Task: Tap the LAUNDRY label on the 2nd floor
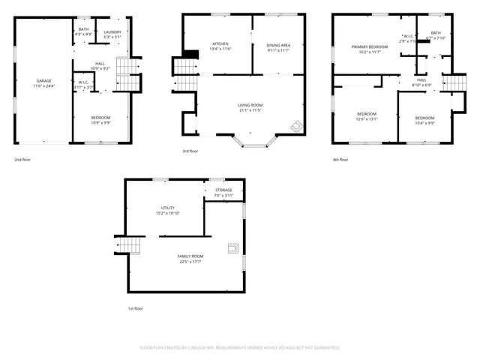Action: [x=113, y=31]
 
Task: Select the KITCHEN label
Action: [x=220, y=44]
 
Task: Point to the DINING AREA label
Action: [x=278, y=44]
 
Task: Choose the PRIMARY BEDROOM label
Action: [x=370, y=46]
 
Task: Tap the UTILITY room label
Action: [x=167, y=208]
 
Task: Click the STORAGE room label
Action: [x=223, y=190]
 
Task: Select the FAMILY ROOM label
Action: [x=190, y=256]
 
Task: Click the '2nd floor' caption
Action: [x=22, y=160]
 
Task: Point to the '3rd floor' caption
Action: [x=190, y=151]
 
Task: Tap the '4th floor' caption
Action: [x=340, y=160]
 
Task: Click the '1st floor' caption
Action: [x=134, y=308]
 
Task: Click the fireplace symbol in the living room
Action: [x=297, y=126]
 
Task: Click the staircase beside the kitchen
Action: [x=185, y=68]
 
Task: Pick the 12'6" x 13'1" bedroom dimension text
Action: [x=367, y=118]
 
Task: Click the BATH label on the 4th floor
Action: [x=436, y=33]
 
